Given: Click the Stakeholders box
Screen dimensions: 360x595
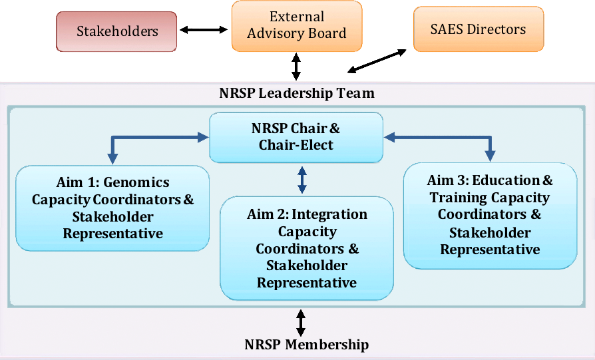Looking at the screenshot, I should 116,31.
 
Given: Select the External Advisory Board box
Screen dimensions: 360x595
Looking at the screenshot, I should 296,25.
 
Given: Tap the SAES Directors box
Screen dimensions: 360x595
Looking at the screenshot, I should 478,29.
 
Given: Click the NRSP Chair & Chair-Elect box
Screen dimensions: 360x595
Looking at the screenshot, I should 296,136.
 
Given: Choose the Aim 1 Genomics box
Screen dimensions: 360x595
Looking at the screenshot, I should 112,208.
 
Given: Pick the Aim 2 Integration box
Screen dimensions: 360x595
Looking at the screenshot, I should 307,248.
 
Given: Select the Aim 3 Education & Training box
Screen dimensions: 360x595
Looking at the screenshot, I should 490,214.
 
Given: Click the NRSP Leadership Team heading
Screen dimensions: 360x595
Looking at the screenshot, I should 297,93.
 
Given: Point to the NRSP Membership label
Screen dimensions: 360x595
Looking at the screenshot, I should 306,345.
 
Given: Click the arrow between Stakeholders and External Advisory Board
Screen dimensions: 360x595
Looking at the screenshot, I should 204,29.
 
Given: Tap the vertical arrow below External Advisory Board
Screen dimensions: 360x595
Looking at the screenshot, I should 296,67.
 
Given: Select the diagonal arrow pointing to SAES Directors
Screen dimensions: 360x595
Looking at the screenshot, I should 377,61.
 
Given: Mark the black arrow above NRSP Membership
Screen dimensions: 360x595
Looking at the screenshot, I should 301,323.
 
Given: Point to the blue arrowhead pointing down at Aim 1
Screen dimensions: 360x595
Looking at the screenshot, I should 112,158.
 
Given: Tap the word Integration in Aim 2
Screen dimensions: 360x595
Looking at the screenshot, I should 329,214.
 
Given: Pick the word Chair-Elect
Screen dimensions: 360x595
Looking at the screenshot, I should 296,144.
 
